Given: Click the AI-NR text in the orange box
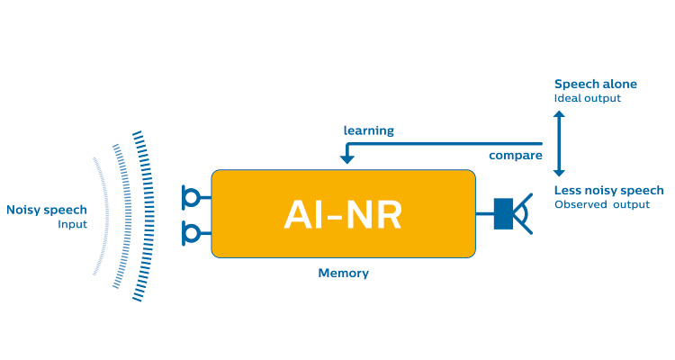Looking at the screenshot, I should click(x=343, y=214).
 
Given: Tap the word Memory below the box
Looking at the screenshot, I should click(x=343, y=273).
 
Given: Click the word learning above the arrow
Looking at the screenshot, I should click(x=369, y=130).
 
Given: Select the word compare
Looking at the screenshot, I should click(x=515, y=155).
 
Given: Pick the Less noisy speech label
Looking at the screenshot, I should click(x=609, y=190).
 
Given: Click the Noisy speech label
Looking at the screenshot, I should click(x=47, y=210).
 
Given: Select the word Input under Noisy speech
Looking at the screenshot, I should click(x=72, y=224).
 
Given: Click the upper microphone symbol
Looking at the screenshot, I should click(x=192, y=195).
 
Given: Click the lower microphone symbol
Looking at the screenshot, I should click(x=192, y=234).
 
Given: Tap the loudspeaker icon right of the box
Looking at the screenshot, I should click(x=514, y=214).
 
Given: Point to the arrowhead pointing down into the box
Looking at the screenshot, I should click(x=346, y=159).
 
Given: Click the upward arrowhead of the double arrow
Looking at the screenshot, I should click(x=559, y=116).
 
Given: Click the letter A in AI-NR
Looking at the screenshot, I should click(x=299, y=214).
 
